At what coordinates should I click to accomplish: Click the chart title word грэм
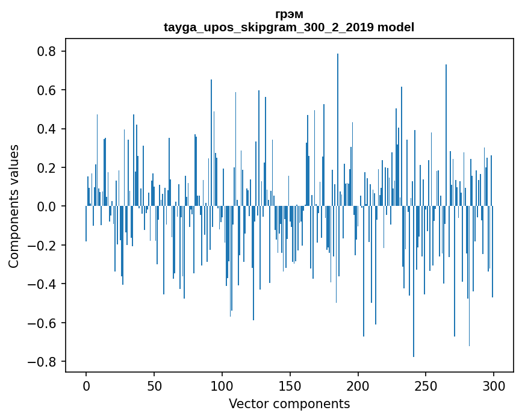289,14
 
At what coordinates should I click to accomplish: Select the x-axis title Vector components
289,404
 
